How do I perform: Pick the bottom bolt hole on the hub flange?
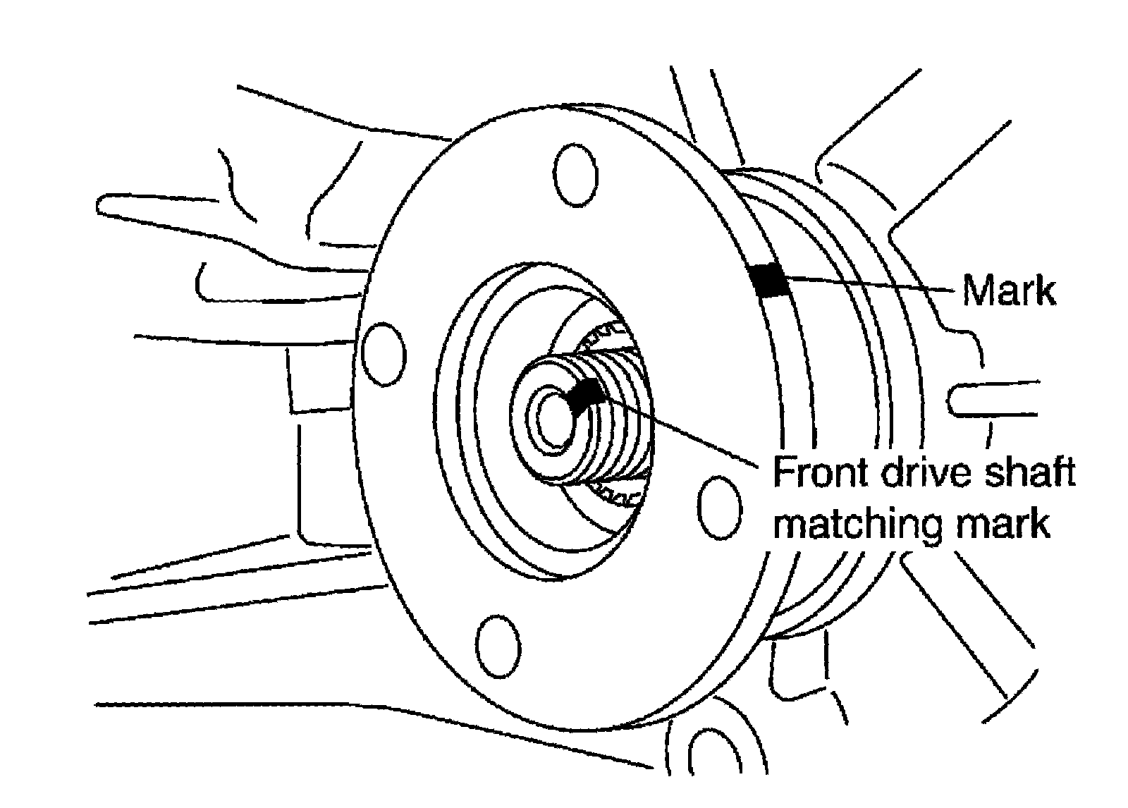point(498,647)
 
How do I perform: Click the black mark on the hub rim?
point(769,280)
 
